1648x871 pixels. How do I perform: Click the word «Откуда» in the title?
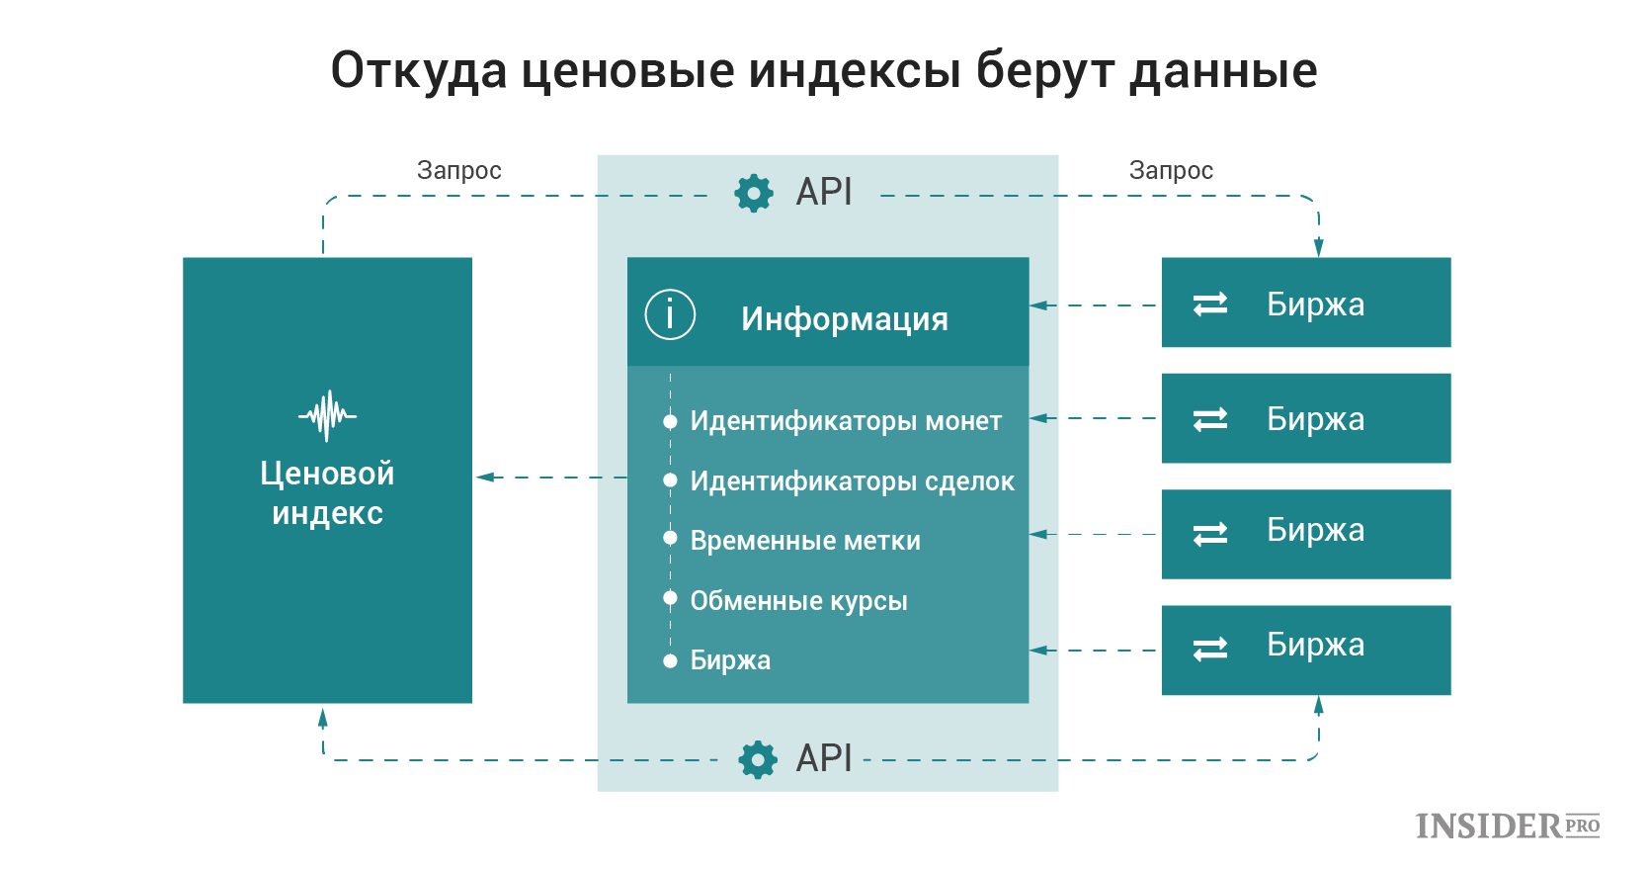click(419, 70)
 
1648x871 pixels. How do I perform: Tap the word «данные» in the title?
click(1223, 72)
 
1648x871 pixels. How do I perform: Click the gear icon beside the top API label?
click(754, 194)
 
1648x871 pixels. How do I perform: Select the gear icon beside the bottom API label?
click(757, 759)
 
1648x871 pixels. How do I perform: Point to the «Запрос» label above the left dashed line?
click(459, 171)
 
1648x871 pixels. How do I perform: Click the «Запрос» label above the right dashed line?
click(1171, 171)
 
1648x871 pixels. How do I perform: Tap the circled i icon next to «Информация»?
click(670, 314)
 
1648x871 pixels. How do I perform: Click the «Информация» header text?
click(844, 319)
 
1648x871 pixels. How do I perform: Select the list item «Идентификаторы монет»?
click(846, 421)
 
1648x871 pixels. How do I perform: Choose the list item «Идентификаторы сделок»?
click(852, 481)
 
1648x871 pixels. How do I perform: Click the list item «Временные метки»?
click(805, 541)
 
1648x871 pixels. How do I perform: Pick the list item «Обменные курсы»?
click(798, 601)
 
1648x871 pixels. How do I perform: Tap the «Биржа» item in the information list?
click(730, 660)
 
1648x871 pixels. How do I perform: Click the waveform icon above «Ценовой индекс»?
click(327, 416)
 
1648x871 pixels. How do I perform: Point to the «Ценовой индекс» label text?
click(327, 493)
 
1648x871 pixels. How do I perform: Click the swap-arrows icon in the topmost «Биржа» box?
click(1209, 305)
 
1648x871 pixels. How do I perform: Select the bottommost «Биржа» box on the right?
click(1306, 651)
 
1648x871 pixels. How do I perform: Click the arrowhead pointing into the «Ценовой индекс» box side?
click(485, 478)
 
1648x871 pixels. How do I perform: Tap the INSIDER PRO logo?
click(1508, 827)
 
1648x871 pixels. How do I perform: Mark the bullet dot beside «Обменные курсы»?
click(670, 598)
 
